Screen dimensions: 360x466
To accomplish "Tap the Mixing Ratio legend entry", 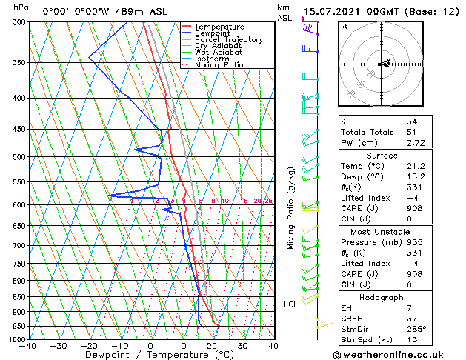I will (x=219, y=65).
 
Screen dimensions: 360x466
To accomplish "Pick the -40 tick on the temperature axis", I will (x=29, y=346).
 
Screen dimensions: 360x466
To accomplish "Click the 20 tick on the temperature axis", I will (x=212, y=346).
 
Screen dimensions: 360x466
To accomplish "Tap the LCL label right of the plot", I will (x=290, y=304).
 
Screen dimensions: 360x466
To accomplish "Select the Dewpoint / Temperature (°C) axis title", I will (x=150, y=356).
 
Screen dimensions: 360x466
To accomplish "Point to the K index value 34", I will (x=412, y=121).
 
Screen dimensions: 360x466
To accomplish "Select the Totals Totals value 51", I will (x=412, y=132).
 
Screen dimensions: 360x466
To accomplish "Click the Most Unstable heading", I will (x=382, y=232).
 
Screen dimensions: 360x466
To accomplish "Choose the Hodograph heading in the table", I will (x=382, y=297).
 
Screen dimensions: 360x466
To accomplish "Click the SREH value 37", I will (x=412, y=318).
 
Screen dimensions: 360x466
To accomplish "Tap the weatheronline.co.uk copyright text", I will (x=400, y=354).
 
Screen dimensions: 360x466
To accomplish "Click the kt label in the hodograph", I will (x=344, y=27).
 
